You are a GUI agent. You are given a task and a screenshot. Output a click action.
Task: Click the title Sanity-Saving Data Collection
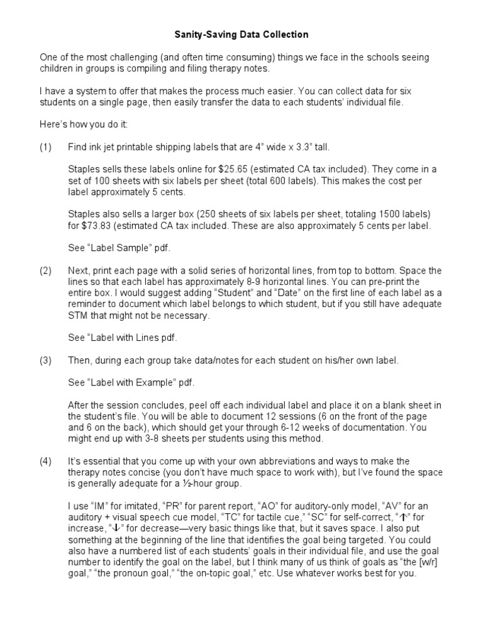(241, 35)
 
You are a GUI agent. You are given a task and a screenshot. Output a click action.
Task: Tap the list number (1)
(45, 147)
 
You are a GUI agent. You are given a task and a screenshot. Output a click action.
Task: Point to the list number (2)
(45, 270)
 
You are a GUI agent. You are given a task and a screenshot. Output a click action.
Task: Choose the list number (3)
(45, 360)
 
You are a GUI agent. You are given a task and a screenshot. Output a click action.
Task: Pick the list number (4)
(45, 461)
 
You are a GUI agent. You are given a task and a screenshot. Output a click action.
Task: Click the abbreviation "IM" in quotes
(97, 506)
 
